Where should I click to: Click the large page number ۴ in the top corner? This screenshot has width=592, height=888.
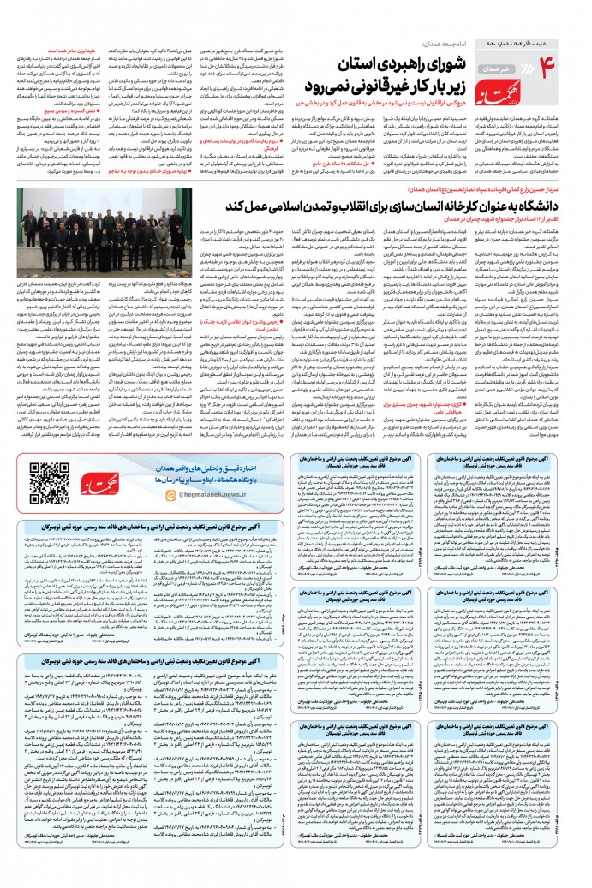[x=566, y=50]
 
